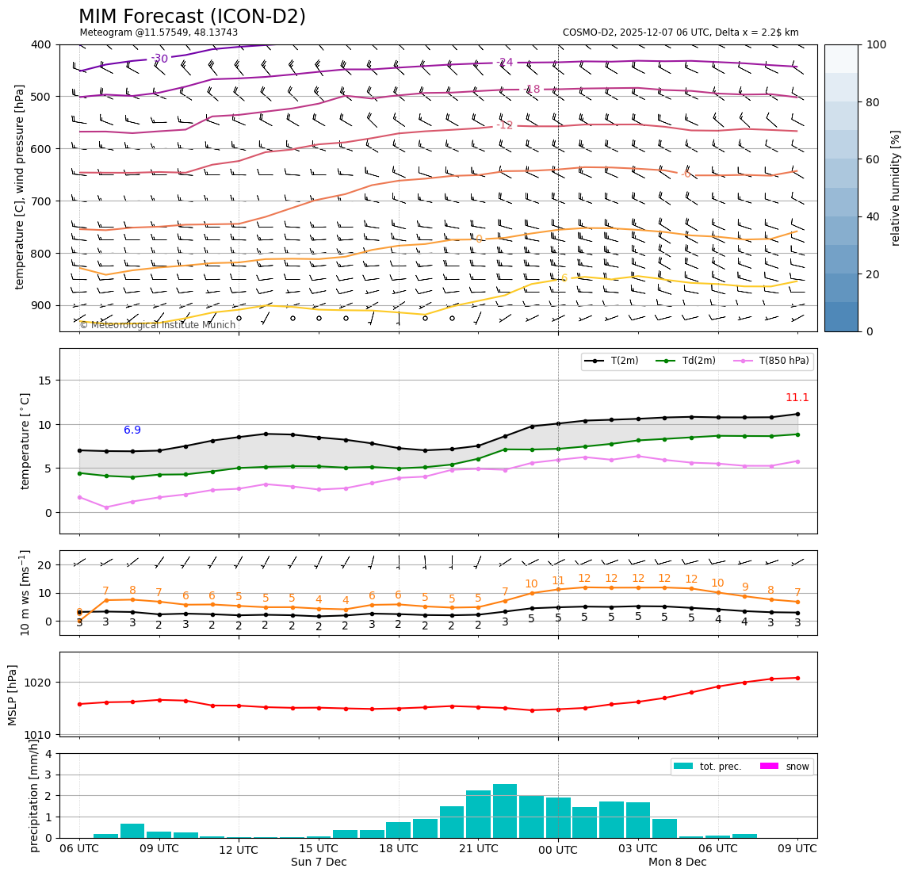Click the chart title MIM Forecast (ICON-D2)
(x=192, y=17)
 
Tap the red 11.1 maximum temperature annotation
(x=797, y=398)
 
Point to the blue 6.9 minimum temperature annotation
(x=132, y=430)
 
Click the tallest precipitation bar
(x=505, y=810)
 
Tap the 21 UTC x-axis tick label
(x=478, y=848)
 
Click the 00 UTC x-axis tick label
(x=558, y=850)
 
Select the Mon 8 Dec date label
(x=677, y=863)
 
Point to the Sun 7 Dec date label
(x=319, y=863)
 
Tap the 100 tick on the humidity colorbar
(x=876, y=44)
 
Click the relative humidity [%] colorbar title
(x=896, y=188)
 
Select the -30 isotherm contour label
(x=159, y=59)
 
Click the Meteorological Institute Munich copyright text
(x=157, y=325)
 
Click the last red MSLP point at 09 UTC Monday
(x=797, y=678)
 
